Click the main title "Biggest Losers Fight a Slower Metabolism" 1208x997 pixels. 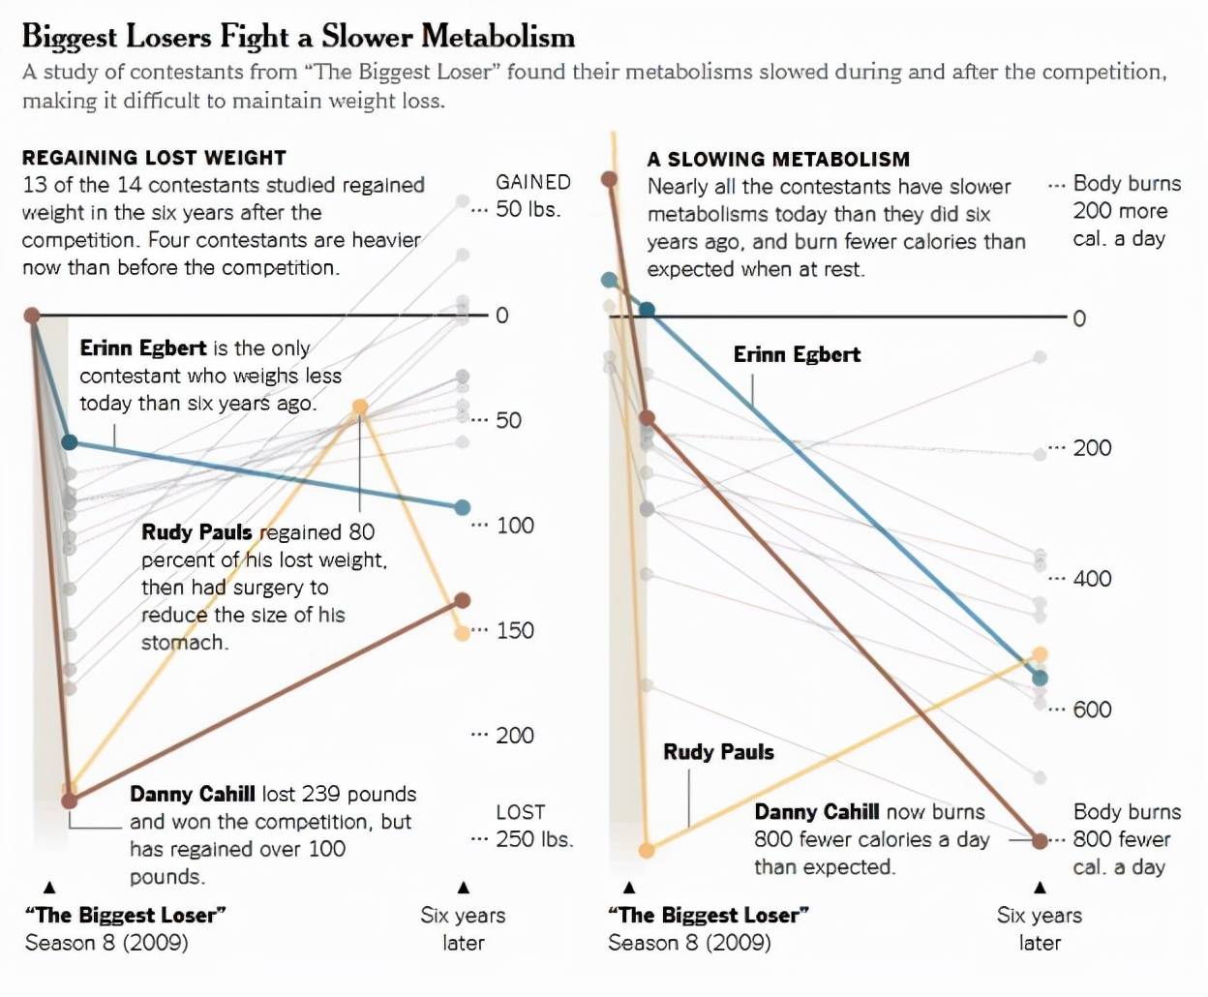tap(298, 37)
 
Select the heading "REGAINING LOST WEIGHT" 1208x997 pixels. tap(154, 158)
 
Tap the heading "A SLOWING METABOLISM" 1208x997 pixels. tap(778, 160)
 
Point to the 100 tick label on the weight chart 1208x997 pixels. tap(515, 526)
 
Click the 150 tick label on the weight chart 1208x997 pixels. tap(515, 631)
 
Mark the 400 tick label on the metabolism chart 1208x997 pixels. tap(1092, 579)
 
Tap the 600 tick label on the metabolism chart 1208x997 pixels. tap(1092, 710)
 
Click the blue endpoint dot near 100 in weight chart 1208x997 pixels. tap(463, 507)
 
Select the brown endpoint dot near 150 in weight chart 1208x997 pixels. tap(463, 601)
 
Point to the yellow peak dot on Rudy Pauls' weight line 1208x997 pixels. tap(360, 408)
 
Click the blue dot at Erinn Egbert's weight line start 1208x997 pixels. tap(70, 442)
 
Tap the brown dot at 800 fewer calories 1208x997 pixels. tap(1040, 840)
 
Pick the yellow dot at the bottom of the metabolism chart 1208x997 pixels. tap(647, 850)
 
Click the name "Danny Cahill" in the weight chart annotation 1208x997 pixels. tap(193, 795)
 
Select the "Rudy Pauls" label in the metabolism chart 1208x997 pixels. tap(718, 752)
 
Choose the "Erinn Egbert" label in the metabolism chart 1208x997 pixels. tap(797, 354)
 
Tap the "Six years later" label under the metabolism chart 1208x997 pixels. tap(1040, 928)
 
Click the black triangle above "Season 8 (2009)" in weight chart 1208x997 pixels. tap(50, 887)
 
